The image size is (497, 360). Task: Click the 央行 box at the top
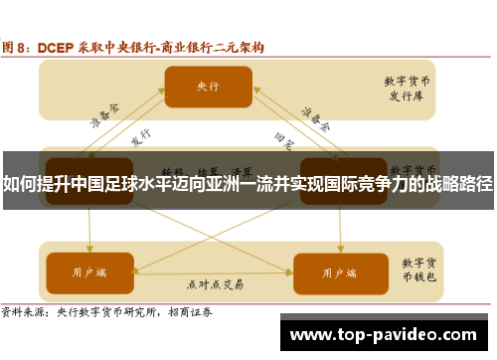(x=208, y=86)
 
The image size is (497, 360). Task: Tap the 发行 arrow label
(x=140, y=135)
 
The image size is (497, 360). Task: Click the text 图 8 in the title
(x=14, y=47)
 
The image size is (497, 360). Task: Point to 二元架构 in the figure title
(x=238, y=47)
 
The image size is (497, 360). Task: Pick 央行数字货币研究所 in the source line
(x=108, y=310)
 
